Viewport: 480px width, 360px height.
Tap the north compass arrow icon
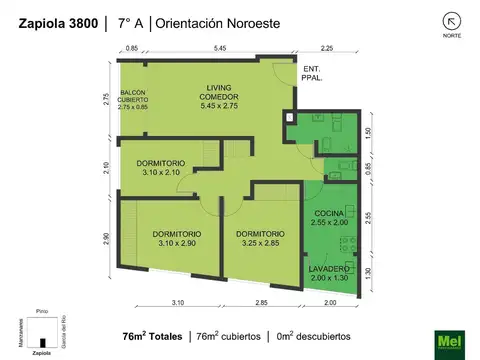(x=425, y=20)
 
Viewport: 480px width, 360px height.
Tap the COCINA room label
(x=330, y=219)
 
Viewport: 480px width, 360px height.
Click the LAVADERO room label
(x=330, y=274)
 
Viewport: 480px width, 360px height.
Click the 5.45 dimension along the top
(x=220, y=48)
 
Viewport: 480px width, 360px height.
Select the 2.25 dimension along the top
(x=325, y=48)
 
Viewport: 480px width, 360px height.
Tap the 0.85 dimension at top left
(x=132, y=48)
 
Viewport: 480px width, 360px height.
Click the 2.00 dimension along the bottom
(x=330, y=301)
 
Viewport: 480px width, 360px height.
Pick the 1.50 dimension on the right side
(x=368, y=131)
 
